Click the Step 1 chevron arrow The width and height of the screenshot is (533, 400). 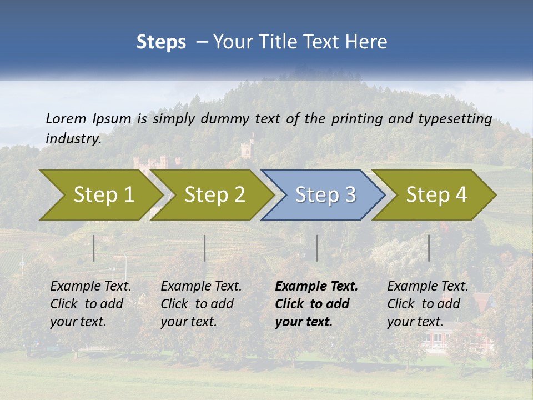point(103,195)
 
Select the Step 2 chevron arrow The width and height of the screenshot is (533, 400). point(214,195)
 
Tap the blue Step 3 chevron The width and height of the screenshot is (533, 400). point(325,195)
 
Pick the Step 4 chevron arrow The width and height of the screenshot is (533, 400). point(436,195)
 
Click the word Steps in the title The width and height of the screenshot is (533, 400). point(161,42)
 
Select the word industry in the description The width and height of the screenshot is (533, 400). point(73,138)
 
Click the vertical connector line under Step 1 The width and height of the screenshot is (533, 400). point(94,248)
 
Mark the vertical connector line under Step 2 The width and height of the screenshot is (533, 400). point(205,248)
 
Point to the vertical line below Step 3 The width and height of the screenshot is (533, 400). point(316,248)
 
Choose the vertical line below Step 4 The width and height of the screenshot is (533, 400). point(429,248)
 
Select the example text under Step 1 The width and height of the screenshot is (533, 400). point(90,304)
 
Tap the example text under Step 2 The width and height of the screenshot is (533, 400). point(201,304)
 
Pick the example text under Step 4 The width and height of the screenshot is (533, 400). point(428,304)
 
